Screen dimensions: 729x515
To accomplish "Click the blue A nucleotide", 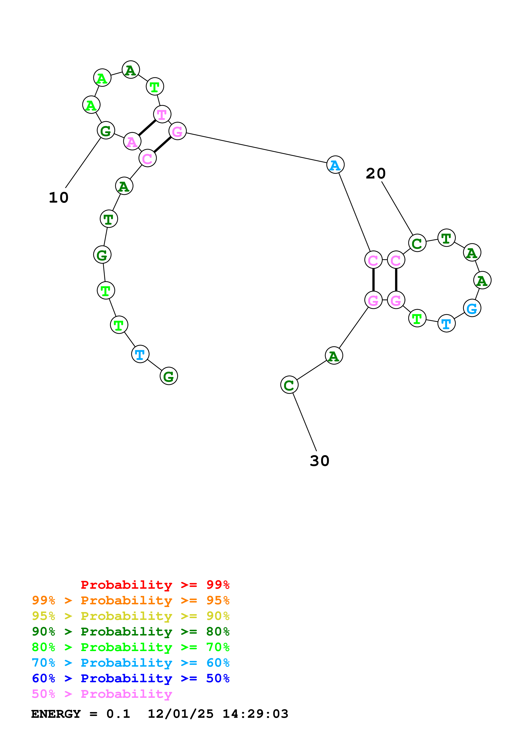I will tap(335, 165).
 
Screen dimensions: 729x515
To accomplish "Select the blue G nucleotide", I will tap(472, 308).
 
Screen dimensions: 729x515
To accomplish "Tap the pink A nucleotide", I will tap(132, 141).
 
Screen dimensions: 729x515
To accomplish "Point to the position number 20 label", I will tap(375, 173).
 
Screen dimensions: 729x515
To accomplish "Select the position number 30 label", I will tap(320, 461).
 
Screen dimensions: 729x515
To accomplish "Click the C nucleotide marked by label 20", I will tap(417, 243).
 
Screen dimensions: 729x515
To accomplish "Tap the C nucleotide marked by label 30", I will tap(289, 385).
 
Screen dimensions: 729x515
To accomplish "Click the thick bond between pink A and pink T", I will tap(147, 128).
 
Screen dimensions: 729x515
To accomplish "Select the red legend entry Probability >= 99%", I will tap(155, 585).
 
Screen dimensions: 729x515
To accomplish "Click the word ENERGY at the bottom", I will tap(56, 714).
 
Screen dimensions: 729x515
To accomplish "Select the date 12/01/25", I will tap(181, 714).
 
